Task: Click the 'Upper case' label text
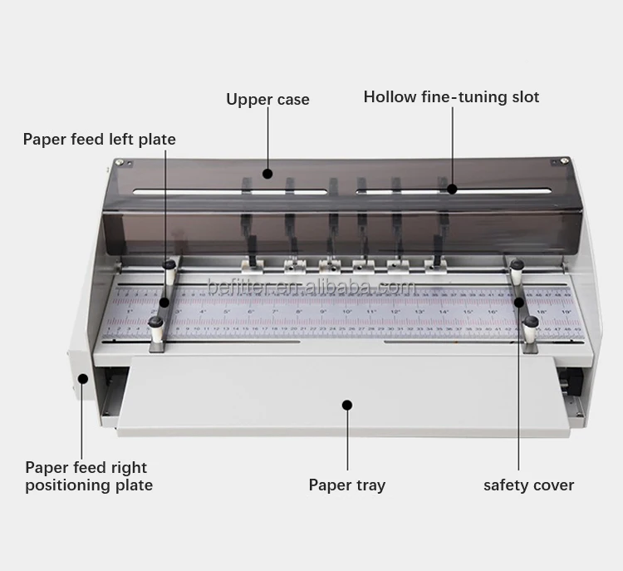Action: [267, 100]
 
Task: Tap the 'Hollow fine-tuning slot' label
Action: [451, 97]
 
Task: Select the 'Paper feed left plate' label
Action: [99, 139]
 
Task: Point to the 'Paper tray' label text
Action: [346, 485]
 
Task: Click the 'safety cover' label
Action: [528, 485]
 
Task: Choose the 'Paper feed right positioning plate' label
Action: [88, 476]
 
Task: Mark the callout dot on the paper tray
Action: [347, 405]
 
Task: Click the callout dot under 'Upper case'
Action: [267, 174]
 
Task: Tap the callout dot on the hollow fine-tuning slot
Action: [452, 189]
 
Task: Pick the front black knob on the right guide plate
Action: [532, 322]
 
